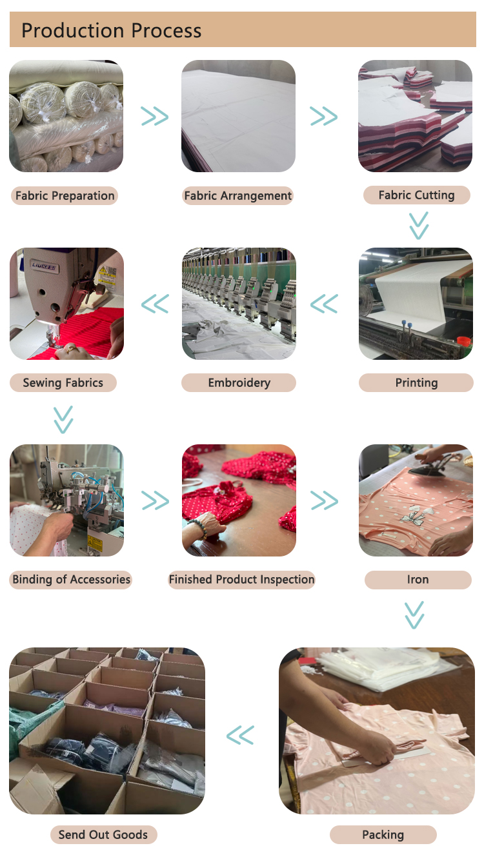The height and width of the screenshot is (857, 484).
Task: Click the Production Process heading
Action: [x=111, y=30]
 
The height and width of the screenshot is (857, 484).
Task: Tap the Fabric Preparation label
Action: [x=65, y=195]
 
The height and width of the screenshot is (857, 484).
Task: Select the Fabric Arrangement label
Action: [x=237, y=195]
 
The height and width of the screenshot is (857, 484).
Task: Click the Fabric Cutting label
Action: [x=417, y=195]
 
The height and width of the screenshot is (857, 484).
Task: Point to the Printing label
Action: [x=416, y=382]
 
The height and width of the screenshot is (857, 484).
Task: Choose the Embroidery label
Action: [x=239, y=382]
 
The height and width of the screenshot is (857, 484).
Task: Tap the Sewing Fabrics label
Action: [x=63, y=382]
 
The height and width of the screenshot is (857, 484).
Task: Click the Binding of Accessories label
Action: [x=71, y=580]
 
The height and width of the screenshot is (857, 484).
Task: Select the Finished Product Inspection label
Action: [x=241, y=580]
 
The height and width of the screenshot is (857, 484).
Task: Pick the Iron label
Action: [x=418, y=580]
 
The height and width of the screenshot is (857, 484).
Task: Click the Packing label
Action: [x=383, y=834]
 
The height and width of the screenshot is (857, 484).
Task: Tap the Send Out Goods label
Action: [x=103, y=834]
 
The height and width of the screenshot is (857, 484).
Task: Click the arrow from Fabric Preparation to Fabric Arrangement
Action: [x=155, y=116]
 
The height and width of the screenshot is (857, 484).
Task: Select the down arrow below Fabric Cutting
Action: [x=419, y=226]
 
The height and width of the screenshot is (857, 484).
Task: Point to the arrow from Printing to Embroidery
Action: [x=324, y=304]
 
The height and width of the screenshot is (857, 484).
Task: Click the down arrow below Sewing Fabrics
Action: [x=63, y=420]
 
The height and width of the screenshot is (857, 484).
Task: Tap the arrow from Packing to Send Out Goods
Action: [x=240, y=735]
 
